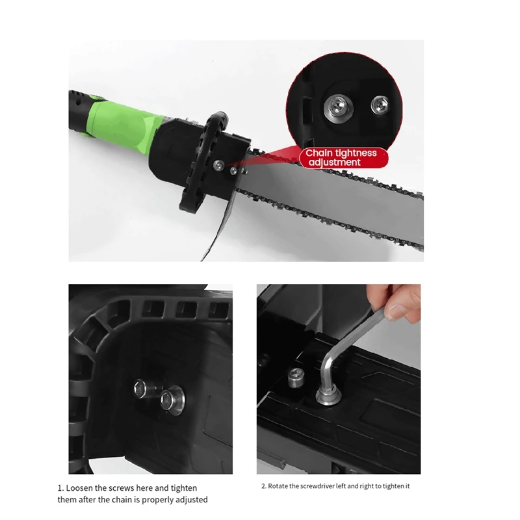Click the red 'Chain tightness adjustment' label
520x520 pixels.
[x=342, y=157]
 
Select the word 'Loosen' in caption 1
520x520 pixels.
[x=82, y=487]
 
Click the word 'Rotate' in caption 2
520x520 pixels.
[x=281, y=486]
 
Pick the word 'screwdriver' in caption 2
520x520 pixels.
[x=322, y=486]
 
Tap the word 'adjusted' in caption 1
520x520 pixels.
[x=190, y=499]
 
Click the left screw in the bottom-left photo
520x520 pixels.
[x=143, y=388]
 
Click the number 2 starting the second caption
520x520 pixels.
[x=263, y=486]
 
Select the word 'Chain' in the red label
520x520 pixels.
[x=319, y=153]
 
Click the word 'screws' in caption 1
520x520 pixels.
[x=131, y=487]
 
